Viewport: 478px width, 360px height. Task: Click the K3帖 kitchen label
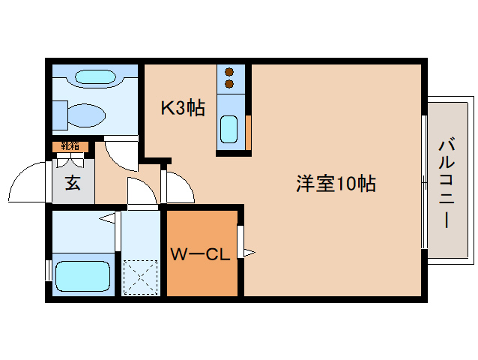(x=183, y=107)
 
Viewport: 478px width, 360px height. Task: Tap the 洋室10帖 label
(x=335, y=183)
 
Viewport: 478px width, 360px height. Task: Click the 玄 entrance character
(x=72, y=182)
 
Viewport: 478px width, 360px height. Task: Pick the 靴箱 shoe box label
(x=70, y=146)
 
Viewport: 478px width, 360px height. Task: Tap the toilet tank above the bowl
(x=93, y=77)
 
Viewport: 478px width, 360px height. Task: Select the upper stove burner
(x=231, y=72)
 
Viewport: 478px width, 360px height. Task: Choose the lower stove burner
(x=231, y=84)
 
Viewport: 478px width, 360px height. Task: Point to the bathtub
(x=82, y=276)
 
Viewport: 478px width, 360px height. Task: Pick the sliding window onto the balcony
(x=424, y=180)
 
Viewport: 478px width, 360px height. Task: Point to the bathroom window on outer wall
(x=49, y=271)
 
